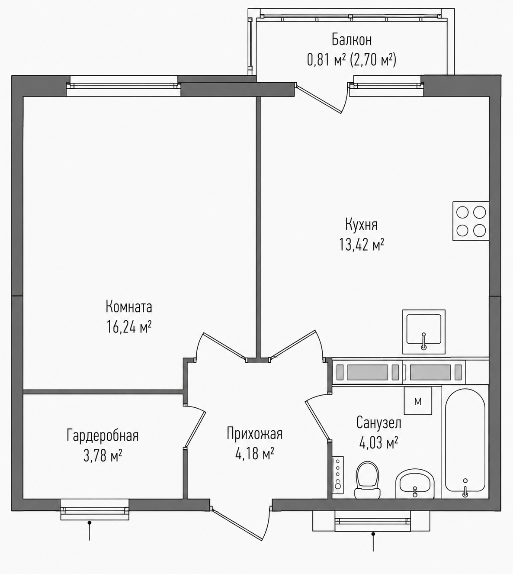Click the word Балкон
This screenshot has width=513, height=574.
(x=352, y=40)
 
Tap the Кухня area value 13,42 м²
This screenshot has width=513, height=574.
(x=362, y=245)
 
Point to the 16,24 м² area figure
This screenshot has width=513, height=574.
(x=129, y=327)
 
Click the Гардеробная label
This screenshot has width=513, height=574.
(x=103, y=435)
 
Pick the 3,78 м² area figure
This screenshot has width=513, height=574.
(x=103, y=456)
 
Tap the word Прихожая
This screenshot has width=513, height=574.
(x=254, y=434)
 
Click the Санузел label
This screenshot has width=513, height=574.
(x=378, y=423)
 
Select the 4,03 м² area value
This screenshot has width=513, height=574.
(x=378, y=442)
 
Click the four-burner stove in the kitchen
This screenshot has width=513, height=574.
(x=471, y=221)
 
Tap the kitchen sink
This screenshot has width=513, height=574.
(x=423, y=332)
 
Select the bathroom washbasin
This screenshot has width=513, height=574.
(x=415, y=485)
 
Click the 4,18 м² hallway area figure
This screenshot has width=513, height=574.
(x=254, y=454)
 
